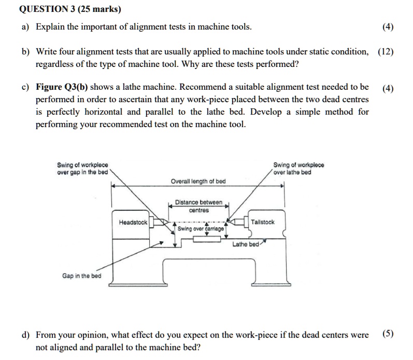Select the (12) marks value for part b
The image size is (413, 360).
pos(384,52)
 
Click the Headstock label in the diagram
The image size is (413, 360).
pos(133,222)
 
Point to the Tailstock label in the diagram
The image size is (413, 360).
pos(263,222)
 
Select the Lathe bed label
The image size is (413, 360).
pos(245,244)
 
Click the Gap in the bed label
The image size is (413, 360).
pos(81,276)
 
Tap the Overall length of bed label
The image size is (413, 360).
pos(198,181)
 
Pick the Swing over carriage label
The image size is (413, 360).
pos(201,228)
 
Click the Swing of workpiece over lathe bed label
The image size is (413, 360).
pos(298,169)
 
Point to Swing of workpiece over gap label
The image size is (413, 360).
pos(82,169)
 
